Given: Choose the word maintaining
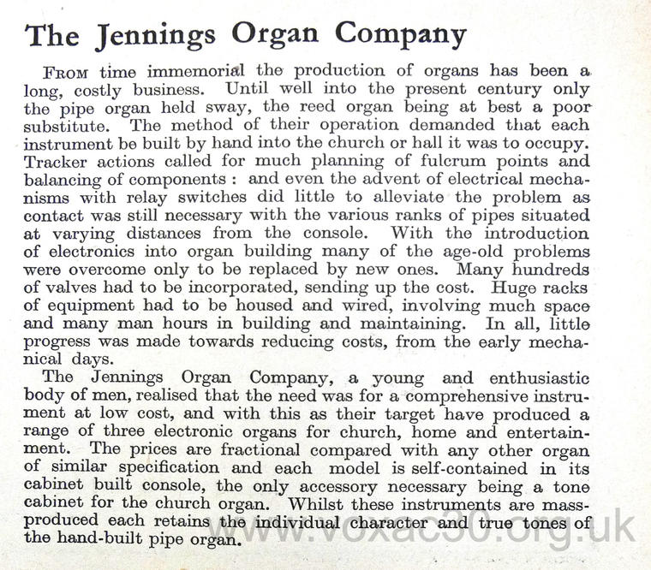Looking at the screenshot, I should (x=399, y=324).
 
